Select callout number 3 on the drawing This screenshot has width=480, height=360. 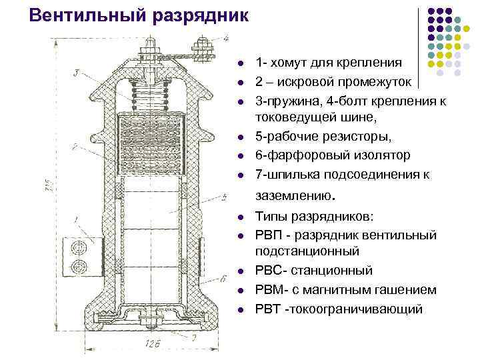[78, 71]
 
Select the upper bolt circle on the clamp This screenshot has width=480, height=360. [80, 246]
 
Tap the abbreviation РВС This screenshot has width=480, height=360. [271, 271]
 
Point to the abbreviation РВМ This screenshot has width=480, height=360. [271, 290]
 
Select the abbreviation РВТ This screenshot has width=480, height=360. [270, 309]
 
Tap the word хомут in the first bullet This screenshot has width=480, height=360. [295, 63]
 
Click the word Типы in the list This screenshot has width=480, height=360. [271, 217]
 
